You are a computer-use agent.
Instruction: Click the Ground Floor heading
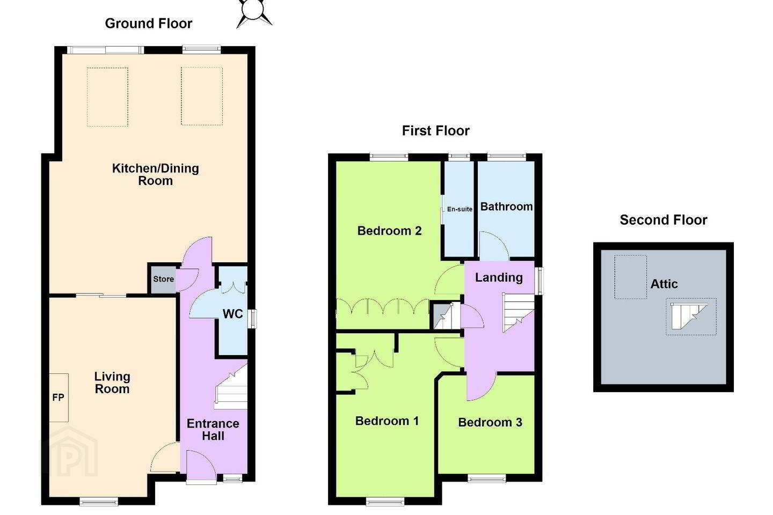click(x=148, y=24)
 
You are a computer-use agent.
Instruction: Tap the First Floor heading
click(x=435, y=131)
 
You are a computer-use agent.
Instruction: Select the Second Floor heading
click(x=663, y=220)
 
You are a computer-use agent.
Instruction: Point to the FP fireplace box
click(x=59, y=398)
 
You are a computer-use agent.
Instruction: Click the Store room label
click(x=164, y=279)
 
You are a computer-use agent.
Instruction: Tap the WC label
click(x=232, y=314)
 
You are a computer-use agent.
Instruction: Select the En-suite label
click(x=460, y=209)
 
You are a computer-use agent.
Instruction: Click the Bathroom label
click(x=506, y=207)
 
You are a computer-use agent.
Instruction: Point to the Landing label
click(x=499, y=278)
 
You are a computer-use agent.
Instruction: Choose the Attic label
click(x=664, y=284)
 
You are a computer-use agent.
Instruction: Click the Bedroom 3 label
click(x=490, y=422)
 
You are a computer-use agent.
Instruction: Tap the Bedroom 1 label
click(x=387, y=421)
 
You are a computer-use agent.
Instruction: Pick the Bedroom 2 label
click(x=389, y=231)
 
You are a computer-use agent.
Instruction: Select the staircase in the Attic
click(x=689, y=316)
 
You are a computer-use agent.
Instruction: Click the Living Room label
click(x=112, y=382)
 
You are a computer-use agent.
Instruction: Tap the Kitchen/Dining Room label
click(x=155, y=174)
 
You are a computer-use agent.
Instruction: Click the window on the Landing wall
click(x=539, y=281)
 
